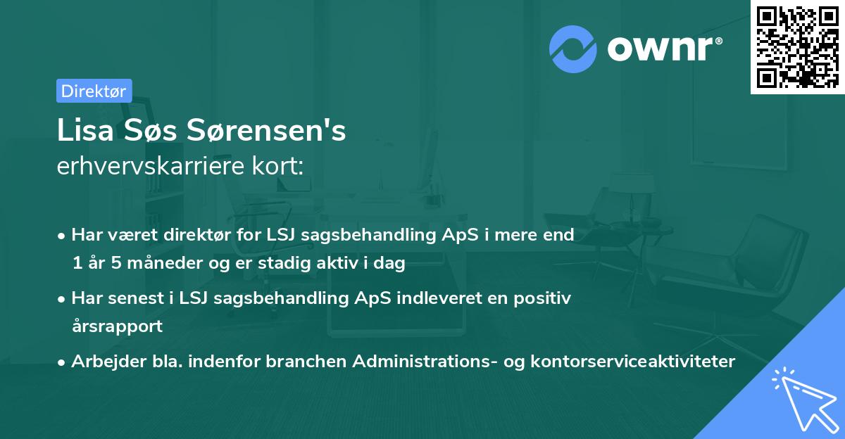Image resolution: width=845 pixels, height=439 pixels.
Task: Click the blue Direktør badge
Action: tap(94, 91)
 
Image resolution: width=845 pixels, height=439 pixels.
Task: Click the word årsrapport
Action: tap(117, 326)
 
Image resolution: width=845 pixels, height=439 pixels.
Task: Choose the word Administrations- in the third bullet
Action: tap(420, 362)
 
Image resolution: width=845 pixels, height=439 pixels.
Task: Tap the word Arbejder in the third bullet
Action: tap(101, 362)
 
